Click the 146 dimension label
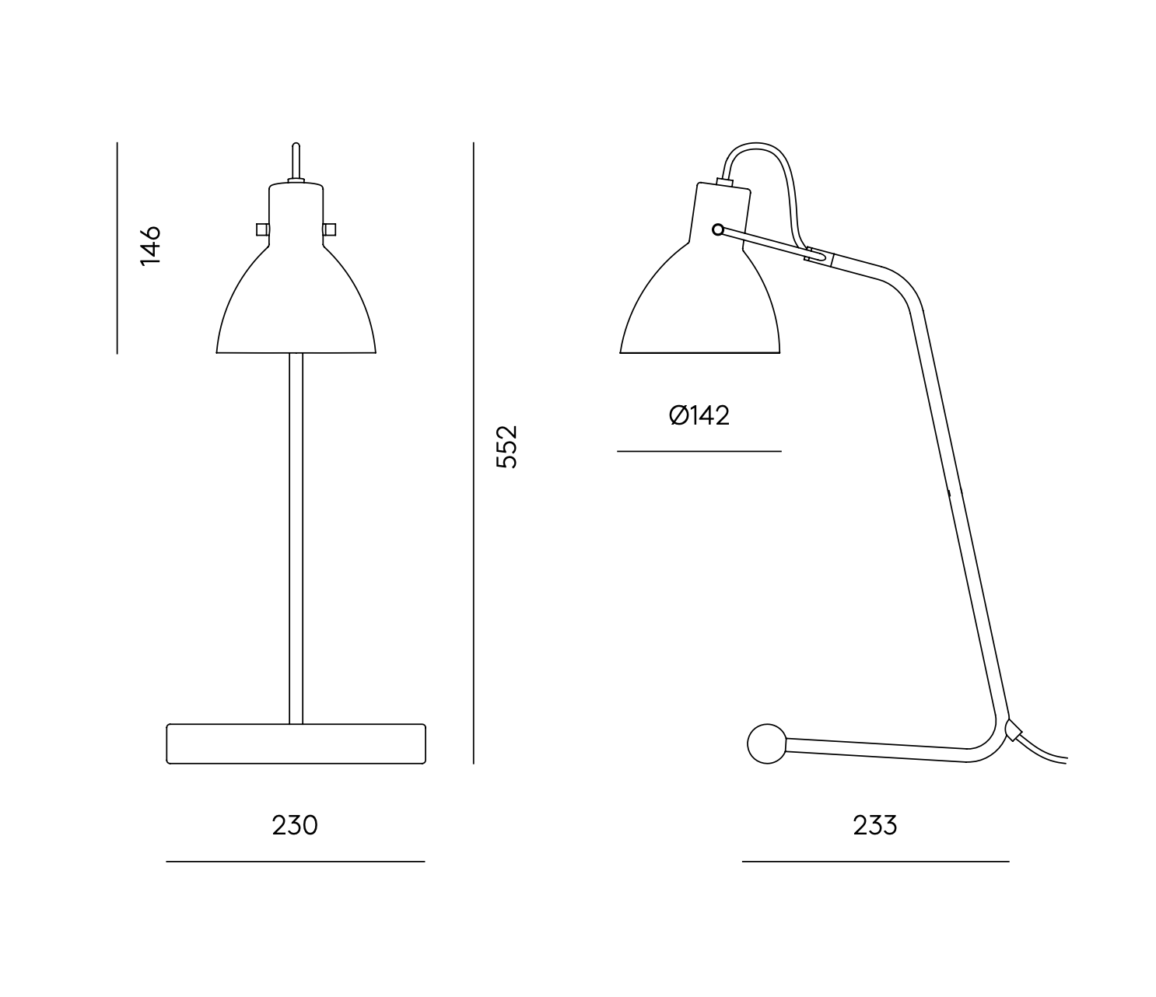pyautogui.click(x=150, y=246)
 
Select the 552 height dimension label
pyautogui.click(x=507, y=446)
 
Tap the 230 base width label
pyautogui.click(x=295, y=825)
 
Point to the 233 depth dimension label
pyautogui.click(x=875, y=825)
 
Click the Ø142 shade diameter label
pyautogui.click(x=699, y=415)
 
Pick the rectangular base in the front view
pyautogui.click(x=296, y=743)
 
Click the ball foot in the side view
pyautogui.click(x=767, y=743)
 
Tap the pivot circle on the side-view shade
pyautogui.click(x=718, y=229)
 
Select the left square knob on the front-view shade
pyautogui.click(x=262, y=229)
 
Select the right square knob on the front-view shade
pyautogui.click(x=329, y=229)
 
